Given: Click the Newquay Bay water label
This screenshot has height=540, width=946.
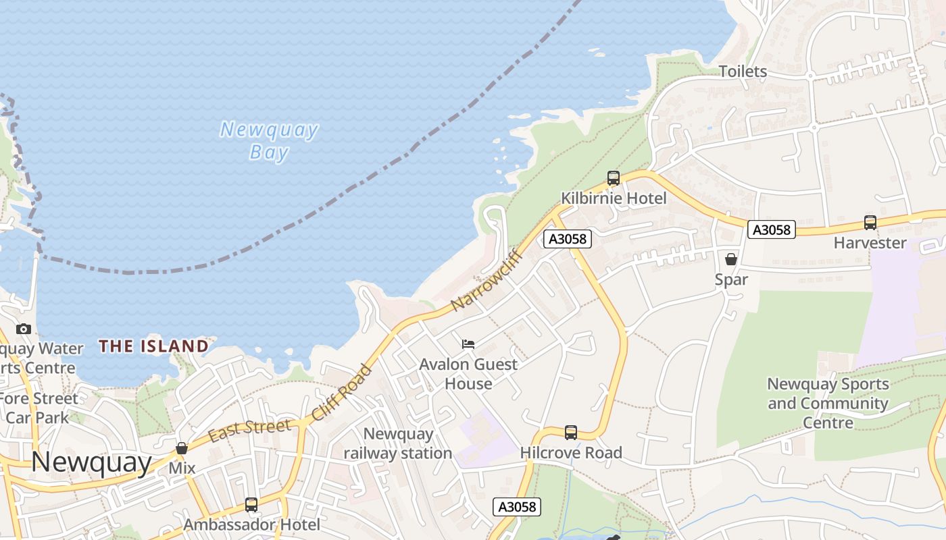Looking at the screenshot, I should click(269, 140).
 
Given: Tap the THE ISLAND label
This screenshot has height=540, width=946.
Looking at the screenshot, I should click(153, 346).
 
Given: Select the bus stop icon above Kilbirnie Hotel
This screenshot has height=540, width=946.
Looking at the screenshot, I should click(613, 178).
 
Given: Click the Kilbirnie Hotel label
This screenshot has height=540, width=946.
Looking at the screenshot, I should click(614, 198).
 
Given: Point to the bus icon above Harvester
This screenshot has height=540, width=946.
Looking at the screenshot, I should click(870, 223).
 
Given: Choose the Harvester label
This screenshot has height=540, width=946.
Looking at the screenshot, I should click(870, 242).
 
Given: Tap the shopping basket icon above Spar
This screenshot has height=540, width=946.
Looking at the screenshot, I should click(730, 259).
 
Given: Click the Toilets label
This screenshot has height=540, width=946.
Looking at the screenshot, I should click(743, 72).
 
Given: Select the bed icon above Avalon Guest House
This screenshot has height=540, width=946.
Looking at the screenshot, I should click(468, 344).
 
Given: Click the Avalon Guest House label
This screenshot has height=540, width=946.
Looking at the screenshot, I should click(468, 373).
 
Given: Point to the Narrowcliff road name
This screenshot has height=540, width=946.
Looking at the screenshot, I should click(487, 280).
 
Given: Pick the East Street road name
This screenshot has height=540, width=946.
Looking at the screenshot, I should click(249, 429).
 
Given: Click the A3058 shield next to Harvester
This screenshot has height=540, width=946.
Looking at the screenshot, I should click(771, 230).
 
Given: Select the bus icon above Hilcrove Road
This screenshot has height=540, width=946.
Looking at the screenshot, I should click(570, 433).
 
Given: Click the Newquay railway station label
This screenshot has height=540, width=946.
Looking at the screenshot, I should click(398, 443).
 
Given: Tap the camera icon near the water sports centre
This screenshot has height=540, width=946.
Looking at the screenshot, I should click(24, 329).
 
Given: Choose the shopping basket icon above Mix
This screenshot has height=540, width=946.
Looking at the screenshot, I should click(181, 448).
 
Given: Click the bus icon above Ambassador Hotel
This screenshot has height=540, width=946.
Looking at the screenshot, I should click(251, 504).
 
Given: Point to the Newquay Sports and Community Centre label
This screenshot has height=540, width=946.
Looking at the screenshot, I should click(828, 403).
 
